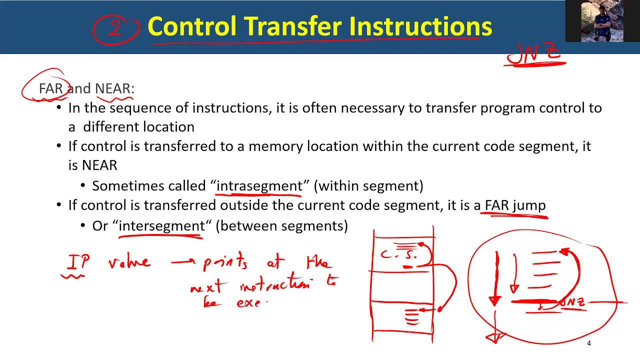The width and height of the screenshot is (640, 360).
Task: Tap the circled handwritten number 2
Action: pyautogui.click(x=115, y=28)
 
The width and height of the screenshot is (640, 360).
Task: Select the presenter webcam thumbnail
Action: pyautogui.click(x=602, y=21)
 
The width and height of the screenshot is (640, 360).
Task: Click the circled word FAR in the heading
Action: pyautogui.click(x=51, y=88)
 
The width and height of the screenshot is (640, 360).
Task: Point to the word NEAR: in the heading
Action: pyautogui.click(x=114, y=88)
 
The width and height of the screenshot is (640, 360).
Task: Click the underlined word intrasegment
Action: pyautogui.click(x=259, y=185)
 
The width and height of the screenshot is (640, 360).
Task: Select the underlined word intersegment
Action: pyautogui.click(x=161, y=225)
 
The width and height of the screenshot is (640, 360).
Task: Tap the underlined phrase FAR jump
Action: pyautogui.click(x=515, y=205)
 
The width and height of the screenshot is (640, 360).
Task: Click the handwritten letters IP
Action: pyautogui.click(x=78, y=262)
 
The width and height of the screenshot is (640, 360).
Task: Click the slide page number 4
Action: pyautogui.click(x=589, y=343)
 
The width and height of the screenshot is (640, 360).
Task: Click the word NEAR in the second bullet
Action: pyautogui.click(x=99, y=165)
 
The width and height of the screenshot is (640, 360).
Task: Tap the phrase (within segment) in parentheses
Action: pyautogui.click(x=368, y=185)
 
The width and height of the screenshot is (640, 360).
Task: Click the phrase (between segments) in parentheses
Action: pyautogui.click(x=281, y=225)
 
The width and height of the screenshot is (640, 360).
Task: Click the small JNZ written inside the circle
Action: pyautogui.click(x=572, y=303)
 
